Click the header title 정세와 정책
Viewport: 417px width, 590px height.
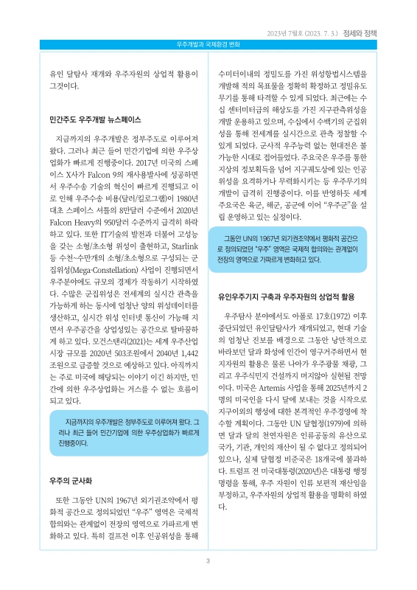click(380, 32)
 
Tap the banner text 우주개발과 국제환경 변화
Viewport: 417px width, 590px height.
click(208, 44)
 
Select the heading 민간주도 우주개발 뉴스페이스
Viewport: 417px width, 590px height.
click(94, 118)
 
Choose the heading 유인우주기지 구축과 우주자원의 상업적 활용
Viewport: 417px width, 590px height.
click(296, 295)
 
